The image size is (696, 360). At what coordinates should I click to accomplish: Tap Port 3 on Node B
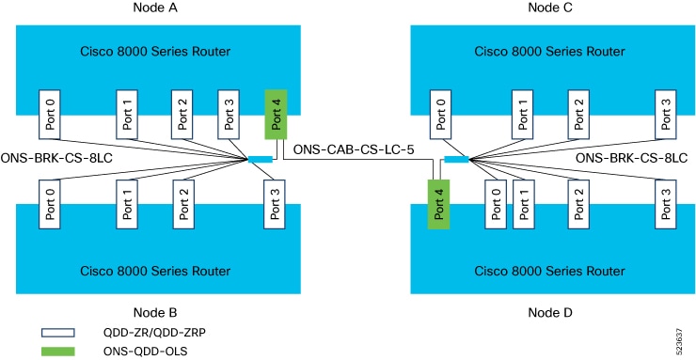276,201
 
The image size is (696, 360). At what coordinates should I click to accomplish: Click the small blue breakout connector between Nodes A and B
260,159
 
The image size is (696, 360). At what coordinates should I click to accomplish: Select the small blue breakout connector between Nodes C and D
456,159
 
